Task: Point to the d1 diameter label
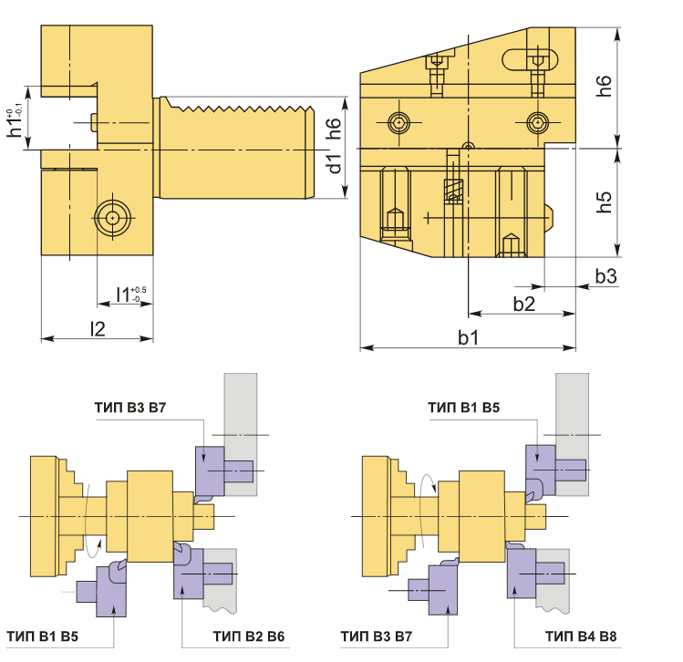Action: [335, 163]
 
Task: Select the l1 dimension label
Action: [130, 295]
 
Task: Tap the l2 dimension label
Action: [98, 329]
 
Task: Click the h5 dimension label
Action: [605, 202]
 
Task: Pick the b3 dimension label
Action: [606, 276]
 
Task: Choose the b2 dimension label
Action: [523, 304]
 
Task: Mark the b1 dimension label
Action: [469, 337]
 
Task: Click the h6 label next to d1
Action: [334, 128]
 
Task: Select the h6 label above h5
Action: [605, 86]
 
